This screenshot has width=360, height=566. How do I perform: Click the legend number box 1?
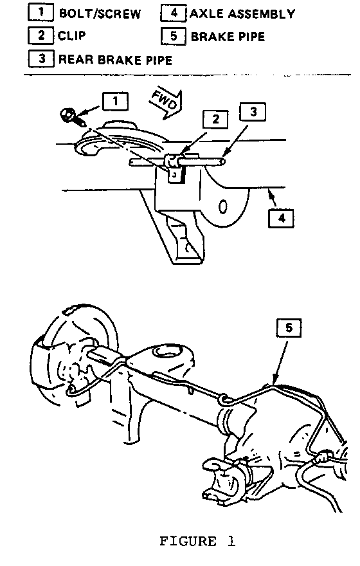[40, 12]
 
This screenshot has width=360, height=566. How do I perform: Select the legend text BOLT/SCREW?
[100, 14]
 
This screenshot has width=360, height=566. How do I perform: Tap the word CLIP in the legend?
[72, 35]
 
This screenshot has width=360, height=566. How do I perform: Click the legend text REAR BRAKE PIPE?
[115, 60]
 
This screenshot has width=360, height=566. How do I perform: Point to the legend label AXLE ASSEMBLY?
[242, 14]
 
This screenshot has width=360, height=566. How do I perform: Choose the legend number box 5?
[174, 36]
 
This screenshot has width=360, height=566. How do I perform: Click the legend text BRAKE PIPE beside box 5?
[228, 37]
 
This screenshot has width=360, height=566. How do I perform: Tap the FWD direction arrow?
[166, 104]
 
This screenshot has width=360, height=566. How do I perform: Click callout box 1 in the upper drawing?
[115, 101]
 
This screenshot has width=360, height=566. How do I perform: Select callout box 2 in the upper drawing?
[215, 119]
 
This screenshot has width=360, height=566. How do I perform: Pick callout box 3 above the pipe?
[253, 112]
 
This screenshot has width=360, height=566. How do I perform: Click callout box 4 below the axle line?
[282, 218]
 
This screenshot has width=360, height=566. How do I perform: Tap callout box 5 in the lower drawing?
[289, 328]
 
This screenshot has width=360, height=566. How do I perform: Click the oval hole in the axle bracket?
[222, 206]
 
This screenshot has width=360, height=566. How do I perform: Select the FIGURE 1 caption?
[197, 541]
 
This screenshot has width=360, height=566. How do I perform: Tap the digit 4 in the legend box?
[174, 13]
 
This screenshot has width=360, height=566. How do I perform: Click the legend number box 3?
[41, 59]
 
